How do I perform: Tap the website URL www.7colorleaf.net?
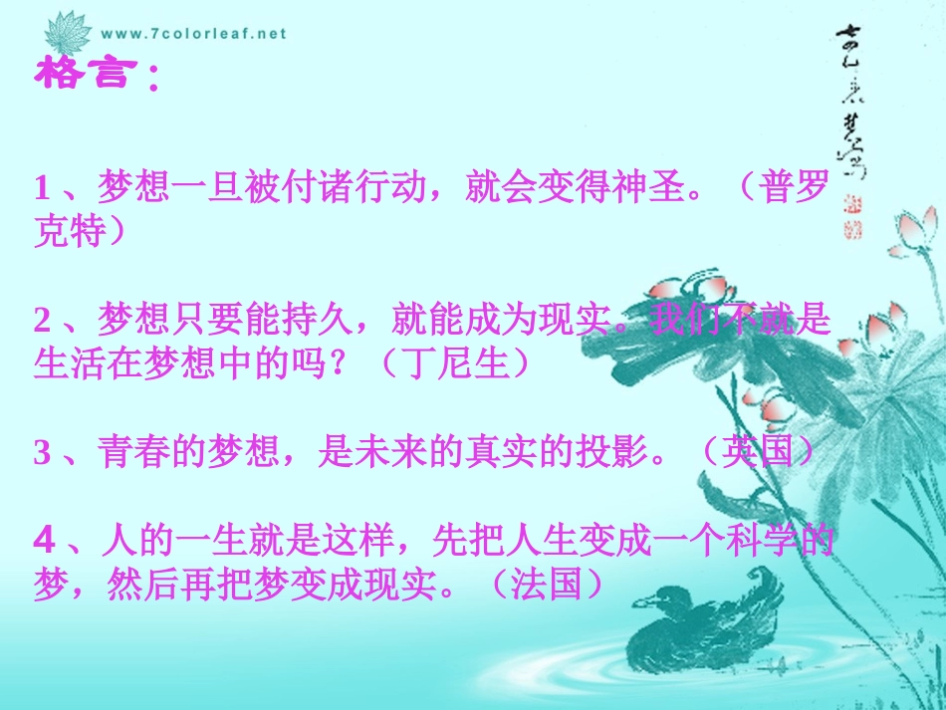tap(193, 33)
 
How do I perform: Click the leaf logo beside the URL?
tap(70, 33)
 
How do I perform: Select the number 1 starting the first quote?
tap(42, 187)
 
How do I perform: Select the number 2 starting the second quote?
tap(42, 320)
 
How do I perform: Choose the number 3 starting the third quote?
tap(42, 453)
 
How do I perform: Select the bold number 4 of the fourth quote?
tap(43, 541)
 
